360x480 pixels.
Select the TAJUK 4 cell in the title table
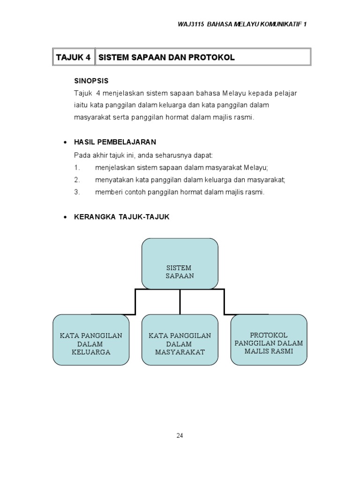73,57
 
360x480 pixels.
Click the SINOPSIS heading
91,81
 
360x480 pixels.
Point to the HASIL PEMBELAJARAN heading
115,142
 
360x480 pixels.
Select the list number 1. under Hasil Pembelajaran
77,167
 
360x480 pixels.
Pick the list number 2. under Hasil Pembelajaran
77,180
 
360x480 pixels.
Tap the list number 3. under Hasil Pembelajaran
77,192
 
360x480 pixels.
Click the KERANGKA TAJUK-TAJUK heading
122,217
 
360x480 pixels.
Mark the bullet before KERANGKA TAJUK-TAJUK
65,217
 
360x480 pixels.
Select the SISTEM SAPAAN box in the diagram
180,264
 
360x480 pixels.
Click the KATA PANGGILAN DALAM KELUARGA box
91,340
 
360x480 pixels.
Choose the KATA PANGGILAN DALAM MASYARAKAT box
180,340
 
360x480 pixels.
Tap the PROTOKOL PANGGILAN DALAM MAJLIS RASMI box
269,340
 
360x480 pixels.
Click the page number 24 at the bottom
180,435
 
